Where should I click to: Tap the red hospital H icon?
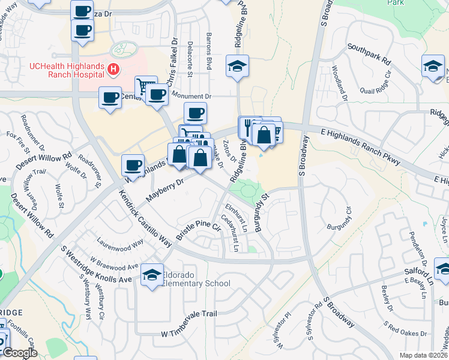[x=112, y=70]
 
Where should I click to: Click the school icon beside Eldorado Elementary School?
[x=152, y=275]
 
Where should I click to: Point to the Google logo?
[x=20, y=353]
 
